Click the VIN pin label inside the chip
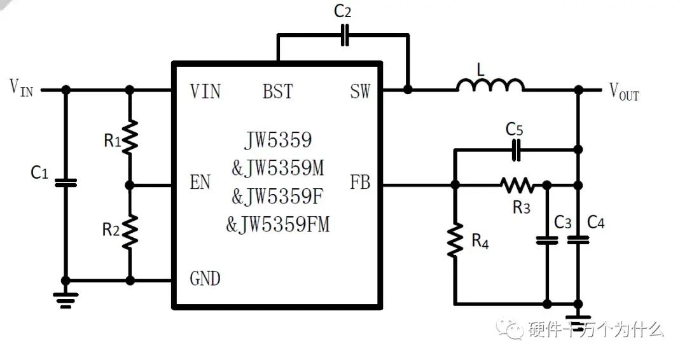point(205,92)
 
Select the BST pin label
point(278,92)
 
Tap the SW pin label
point(359,92)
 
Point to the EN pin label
point(200,183)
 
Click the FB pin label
point(359,183)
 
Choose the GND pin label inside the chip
point(205,279)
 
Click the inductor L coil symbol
point(490,86)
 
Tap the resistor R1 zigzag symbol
point(130,137)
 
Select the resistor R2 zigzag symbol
point(130,232)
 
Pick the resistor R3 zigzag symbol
point(517,185)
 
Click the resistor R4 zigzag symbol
point(455,240)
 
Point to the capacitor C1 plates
point(65,183)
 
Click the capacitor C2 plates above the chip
point(345,36)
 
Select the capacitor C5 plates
point(517,151)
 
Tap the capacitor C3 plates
point(546,240)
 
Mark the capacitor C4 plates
point(578,240)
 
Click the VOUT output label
point(623,92)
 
